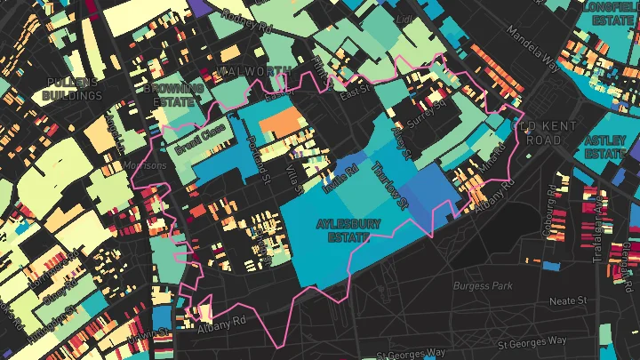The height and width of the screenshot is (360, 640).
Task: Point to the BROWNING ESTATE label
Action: coord(174,95)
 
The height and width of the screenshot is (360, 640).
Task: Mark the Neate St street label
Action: coord(564,301)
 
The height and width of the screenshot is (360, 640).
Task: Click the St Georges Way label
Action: coord(531,340)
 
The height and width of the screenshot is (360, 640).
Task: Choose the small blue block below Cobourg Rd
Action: coord(550,266)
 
